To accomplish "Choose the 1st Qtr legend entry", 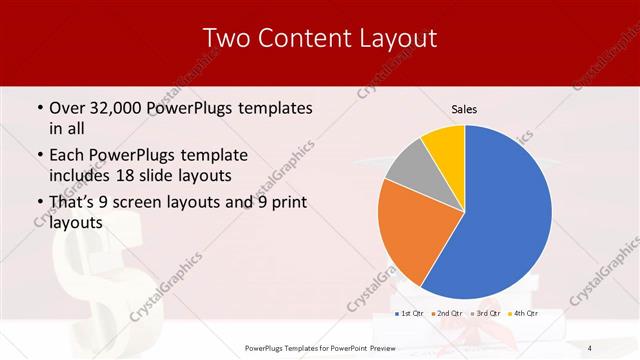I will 411,313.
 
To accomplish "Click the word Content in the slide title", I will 295,39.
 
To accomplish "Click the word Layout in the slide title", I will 394,39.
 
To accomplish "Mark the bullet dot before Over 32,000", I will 38,107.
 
